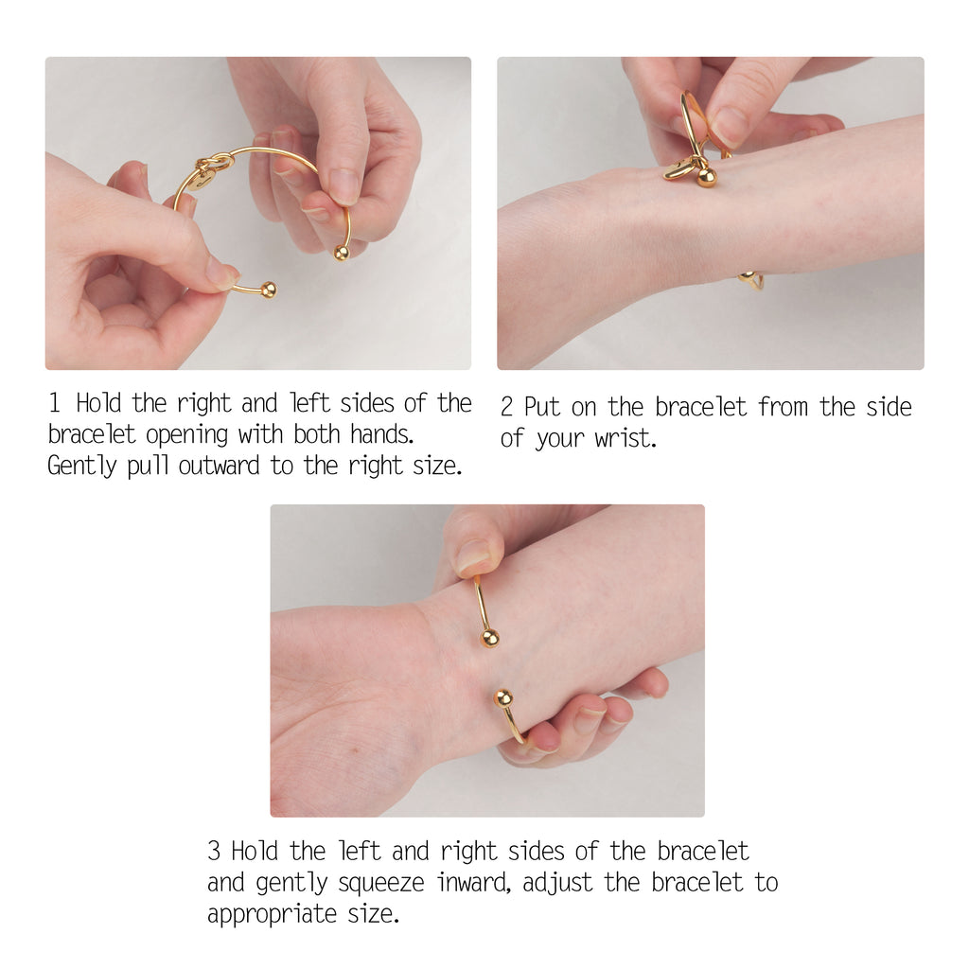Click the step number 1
point(55,404)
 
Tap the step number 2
point(507,408)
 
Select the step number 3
point(215,851)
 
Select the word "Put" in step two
point(542,408)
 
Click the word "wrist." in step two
point(625,440)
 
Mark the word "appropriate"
point(273,915)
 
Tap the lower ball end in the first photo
point(269,291)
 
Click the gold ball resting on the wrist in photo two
point(706,176)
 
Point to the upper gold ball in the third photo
point(489,638)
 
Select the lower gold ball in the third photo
point(503,698)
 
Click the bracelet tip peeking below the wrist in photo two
point(752,280)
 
